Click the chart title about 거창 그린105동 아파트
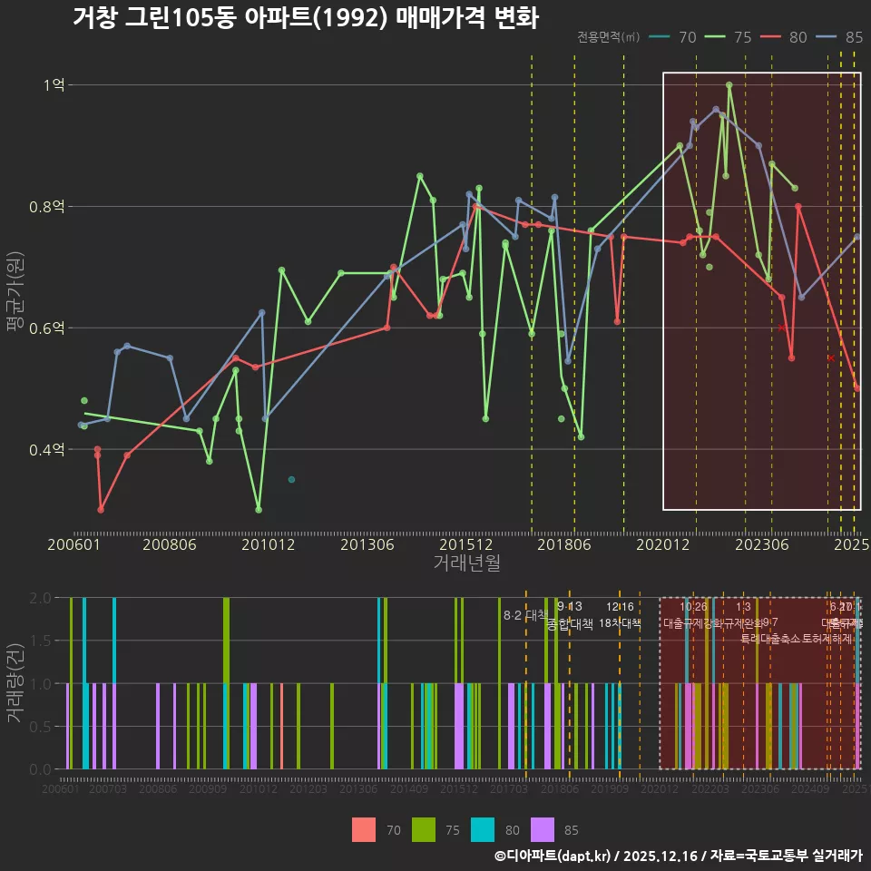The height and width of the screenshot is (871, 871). (x=306, y=18)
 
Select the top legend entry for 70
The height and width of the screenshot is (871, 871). (x=677, y=37)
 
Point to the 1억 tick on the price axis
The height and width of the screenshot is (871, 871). (x=54, y=85)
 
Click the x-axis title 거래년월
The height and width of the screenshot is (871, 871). (x=466, y=563)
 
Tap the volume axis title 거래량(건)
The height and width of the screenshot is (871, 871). (x=16, y=682)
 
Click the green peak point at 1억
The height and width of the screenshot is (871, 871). (x=729, y=85)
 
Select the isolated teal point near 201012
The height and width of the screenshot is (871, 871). (x=291, y=479)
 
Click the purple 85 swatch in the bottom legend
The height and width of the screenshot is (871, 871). (x=543, y=829)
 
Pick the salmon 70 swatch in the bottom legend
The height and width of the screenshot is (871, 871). (x=364, y=829)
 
